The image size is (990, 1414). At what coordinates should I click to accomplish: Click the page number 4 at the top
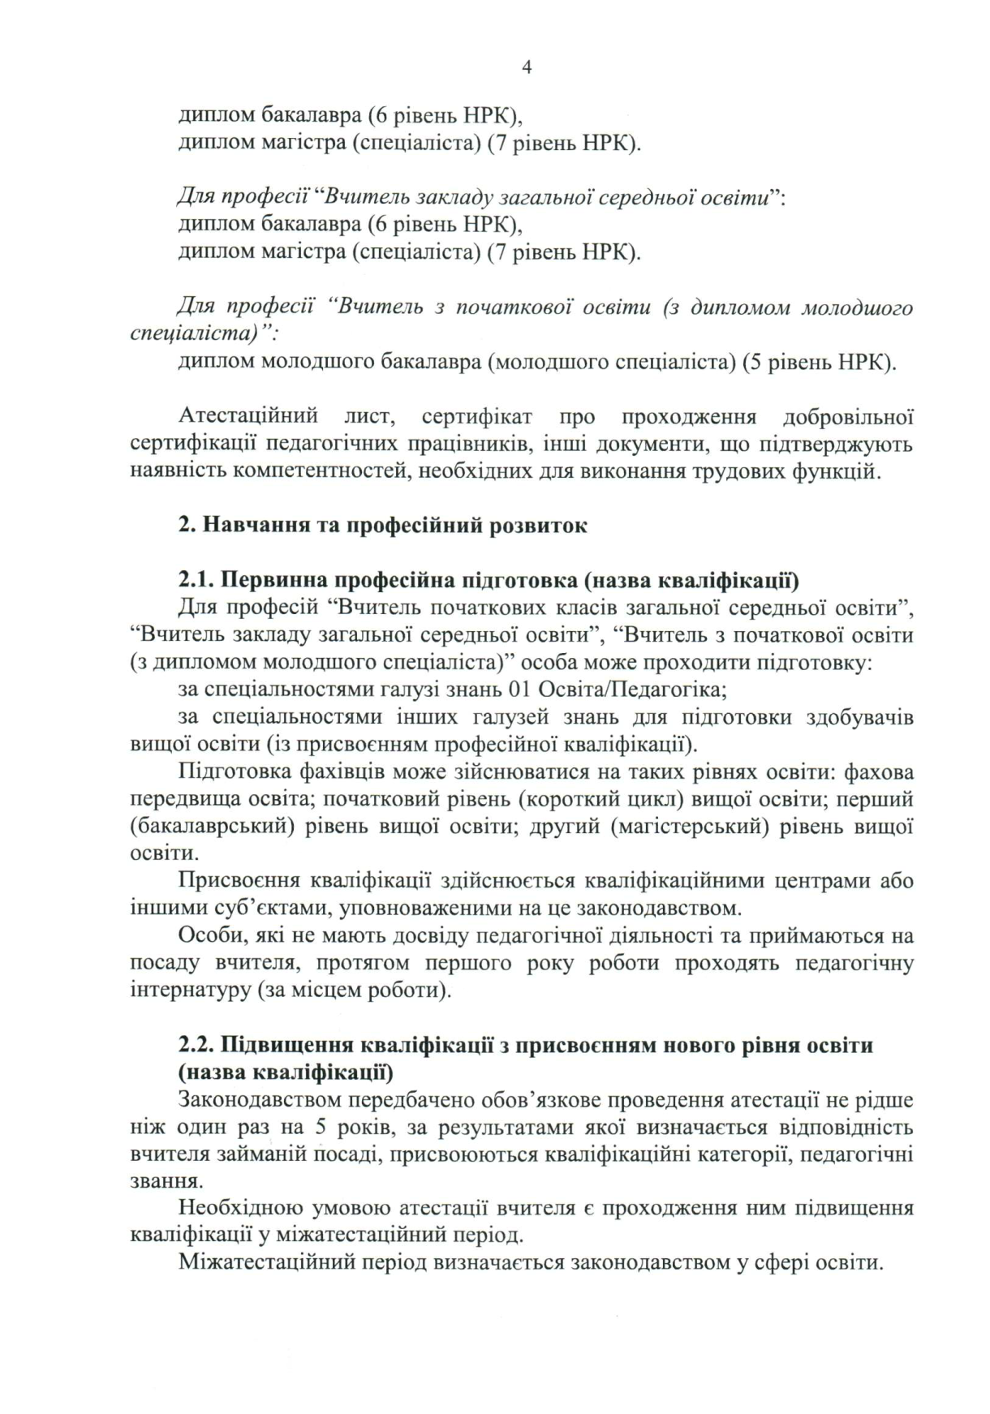click(526, 68)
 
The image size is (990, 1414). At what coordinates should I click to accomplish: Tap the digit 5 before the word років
click(316, 1128)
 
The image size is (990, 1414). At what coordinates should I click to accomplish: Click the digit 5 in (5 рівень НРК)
click(751, 362)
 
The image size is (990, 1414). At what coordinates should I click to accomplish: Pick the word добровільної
click(848, 417)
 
